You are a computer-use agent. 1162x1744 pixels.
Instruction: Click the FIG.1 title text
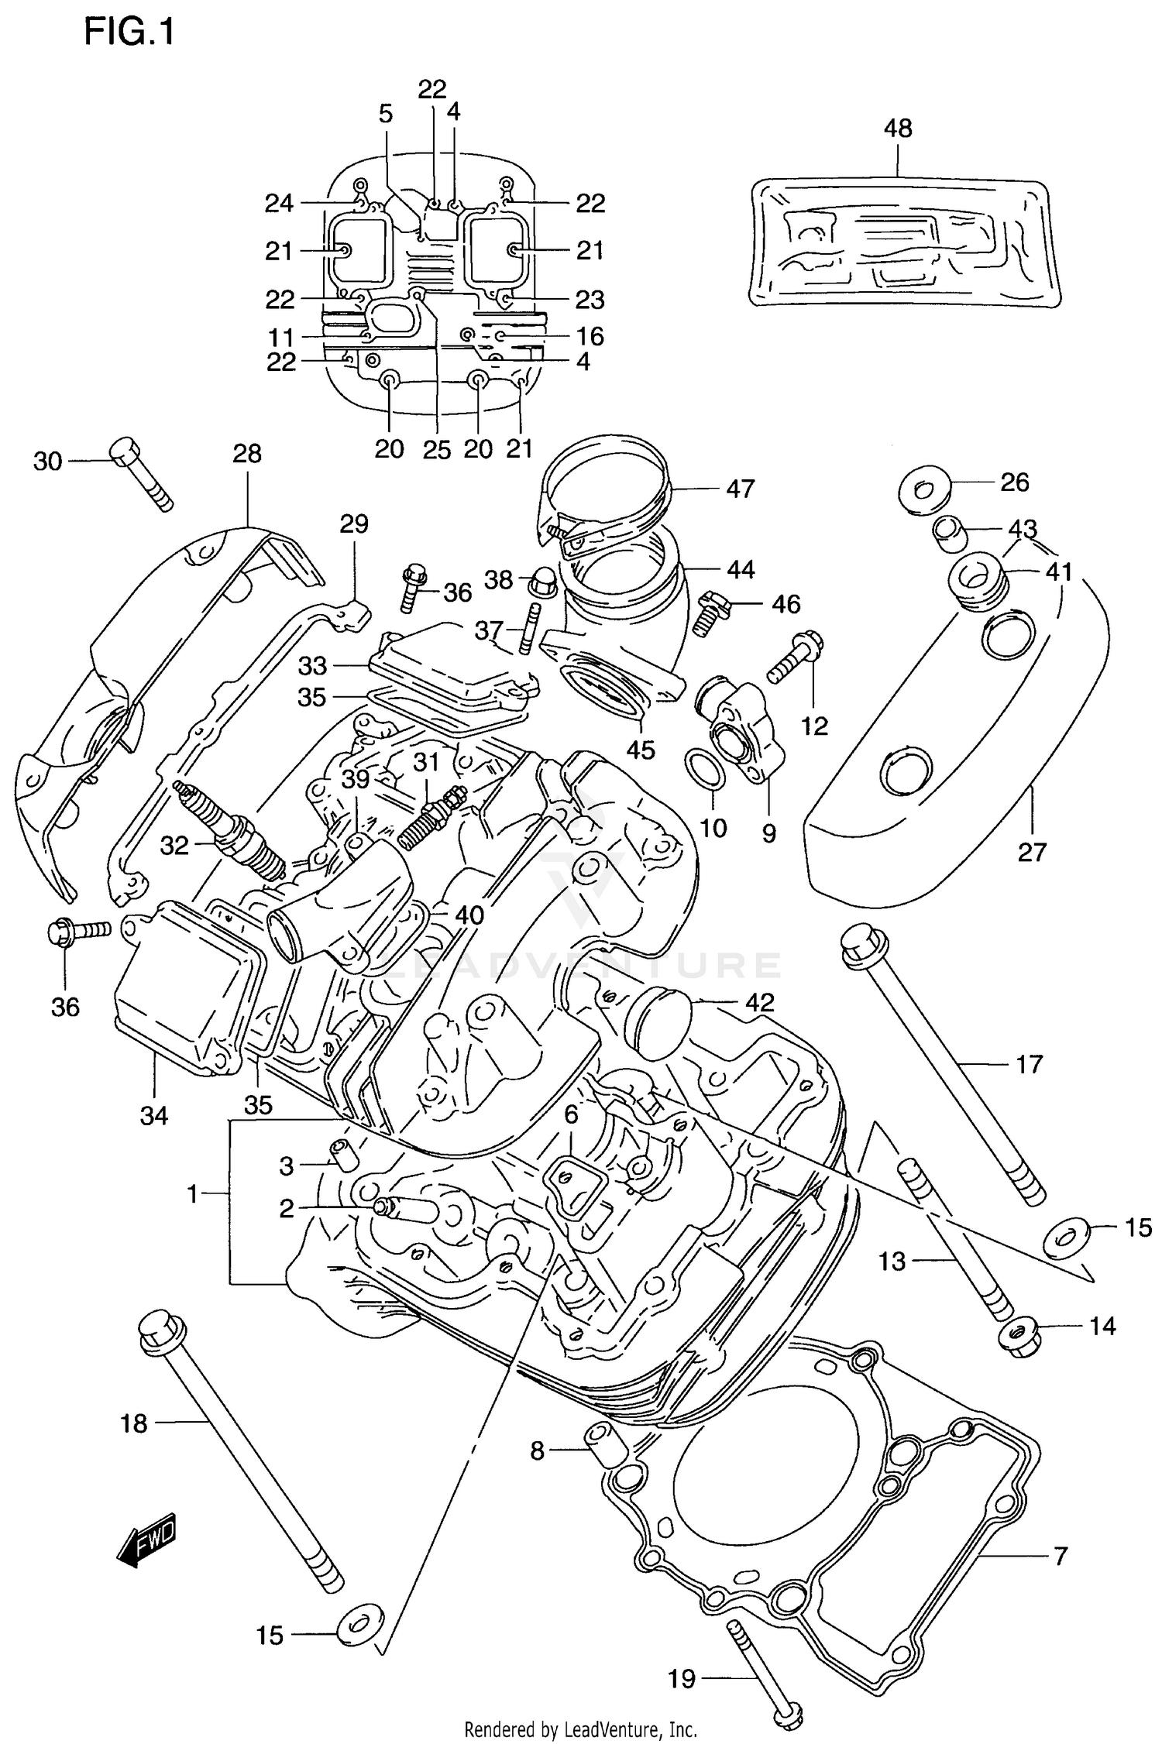(129, 33)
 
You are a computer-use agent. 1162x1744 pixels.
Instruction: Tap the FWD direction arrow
(146, 1540)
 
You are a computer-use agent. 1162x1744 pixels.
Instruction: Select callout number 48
(898, 128)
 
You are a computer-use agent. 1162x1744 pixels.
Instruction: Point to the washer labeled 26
(923, 488)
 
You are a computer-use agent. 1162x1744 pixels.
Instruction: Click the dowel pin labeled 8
(607, 1442)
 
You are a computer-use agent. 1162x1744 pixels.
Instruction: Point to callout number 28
(247, 454)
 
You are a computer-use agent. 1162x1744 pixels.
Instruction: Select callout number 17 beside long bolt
(1029, 1064)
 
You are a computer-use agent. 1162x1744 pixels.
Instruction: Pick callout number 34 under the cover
(153, 1115)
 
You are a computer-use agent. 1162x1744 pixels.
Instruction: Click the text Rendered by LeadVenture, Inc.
(580, 1729)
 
